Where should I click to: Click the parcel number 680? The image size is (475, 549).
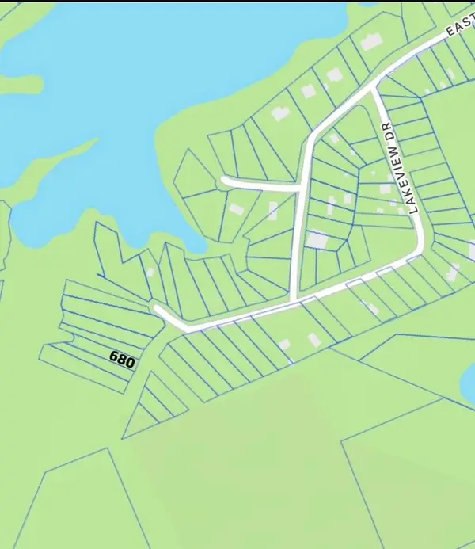coord(123,359)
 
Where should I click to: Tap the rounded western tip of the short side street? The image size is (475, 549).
coord(224,181)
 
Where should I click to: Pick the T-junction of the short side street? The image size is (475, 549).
coord(299,189)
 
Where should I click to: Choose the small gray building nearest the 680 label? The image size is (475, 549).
coord(150,272)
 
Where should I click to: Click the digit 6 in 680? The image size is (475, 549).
coord(114,356)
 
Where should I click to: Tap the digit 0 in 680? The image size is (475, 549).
coord(131,363)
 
